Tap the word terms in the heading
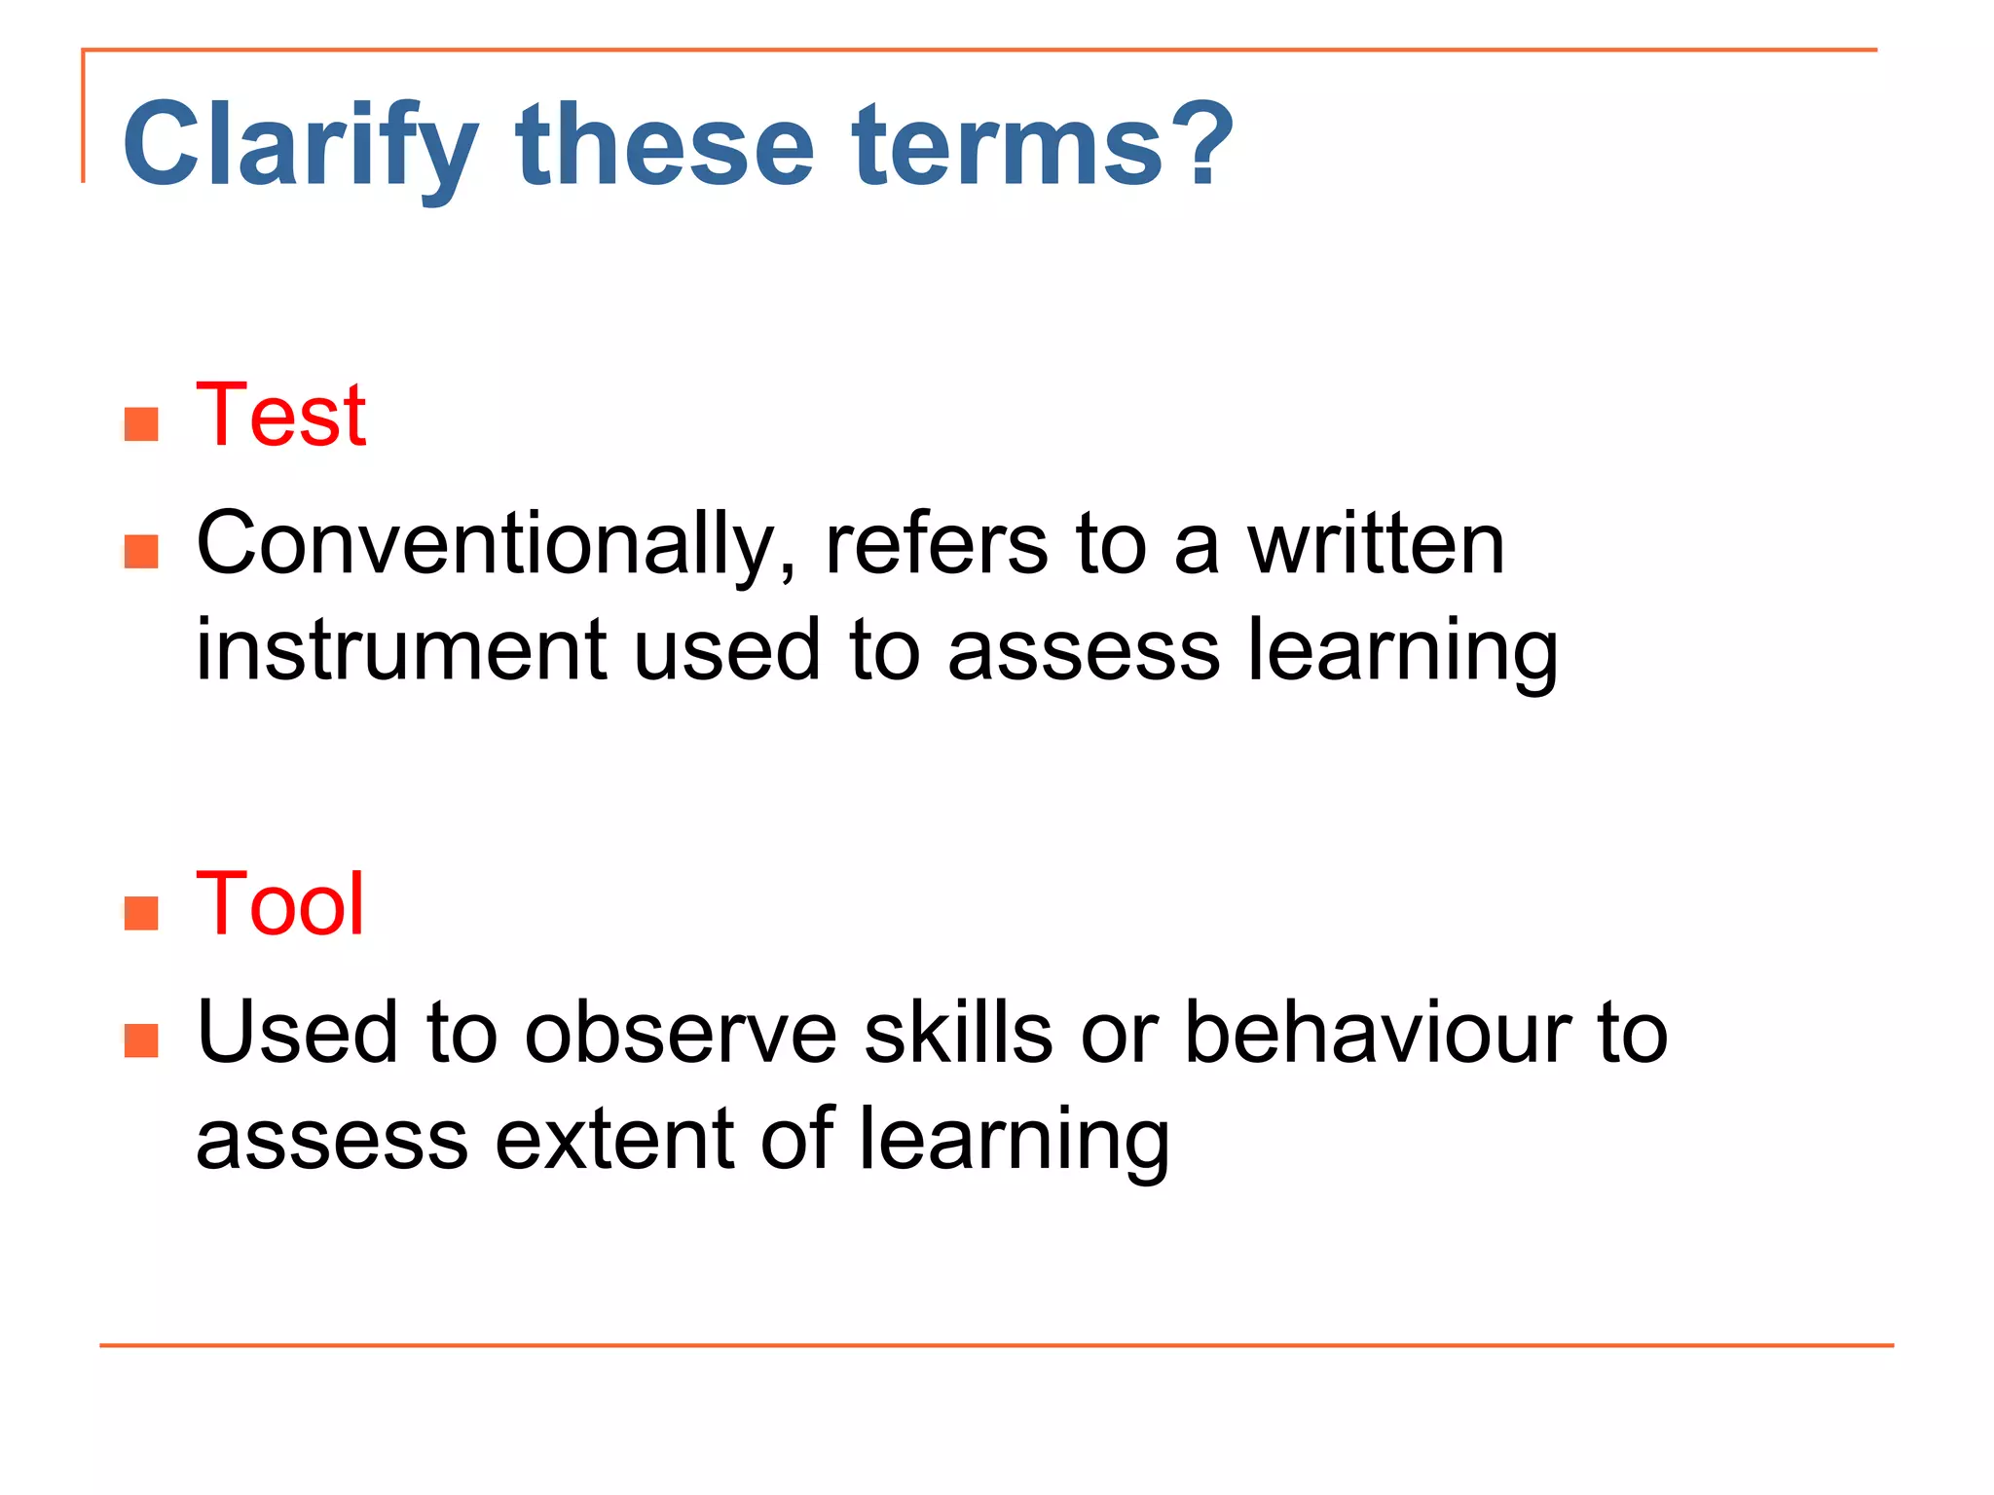pos(1008,146)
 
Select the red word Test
pos(280,416)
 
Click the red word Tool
pos(279,904)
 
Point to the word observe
pos(681,1034)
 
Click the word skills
pos(958,1034)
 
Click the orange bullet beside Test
pos(142,424)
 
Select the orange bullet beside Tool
pos(142,913)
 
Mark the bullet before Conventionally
pos(142,552)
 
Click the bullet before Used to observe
pos(142,1040)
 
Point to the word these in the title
pos(665,146)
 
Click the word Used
pos(298,1034)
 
